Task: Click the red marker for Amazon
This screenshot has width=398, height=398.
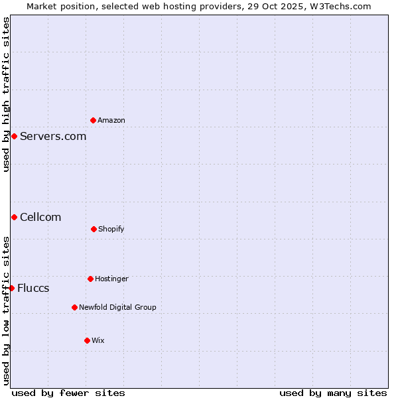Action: [93, 120]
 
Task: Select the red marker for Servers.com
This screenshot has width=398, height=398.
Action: [14, 136]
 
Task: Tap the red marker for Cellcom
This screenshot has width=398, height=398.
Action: [14, 217]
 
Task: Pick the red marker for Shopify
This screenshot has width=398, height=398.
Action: [94, 229]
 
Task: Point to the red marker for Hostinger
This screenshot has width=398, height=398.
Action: [90, 279]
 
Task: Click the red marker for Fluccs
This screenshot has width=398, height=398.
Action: [11, 288]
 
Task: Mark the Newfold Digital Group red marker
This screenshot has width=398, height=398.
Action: [74, 307]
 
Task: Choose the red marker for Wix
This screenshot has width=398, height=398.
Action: [87, 340]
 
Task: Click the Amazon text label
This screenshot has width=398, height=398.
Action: [111, 120]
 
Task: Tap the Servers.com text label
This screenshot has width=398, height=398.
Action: [53, 136]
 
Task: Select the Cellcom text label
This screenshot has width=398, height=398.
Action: [40, 217]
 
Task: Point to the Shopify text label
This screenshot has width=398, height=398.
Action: [111, 229]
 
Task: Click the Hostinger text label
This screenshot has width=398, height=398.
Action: [111, 279]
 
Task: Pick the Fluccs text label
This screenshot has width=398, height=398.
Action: [33, 288]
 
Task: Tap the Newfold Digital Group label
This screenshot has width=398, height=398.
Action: [117, 307]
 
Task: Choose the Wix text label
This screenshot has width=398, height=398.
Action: [98, 340]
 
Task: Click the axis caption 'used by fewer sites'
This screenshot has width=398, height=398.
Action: [68, 393]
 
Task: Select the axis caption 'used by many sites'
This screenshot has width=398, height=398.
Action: [333, 393]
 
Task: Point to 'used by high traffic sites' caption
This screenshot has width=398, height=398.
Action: [6, 94]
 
